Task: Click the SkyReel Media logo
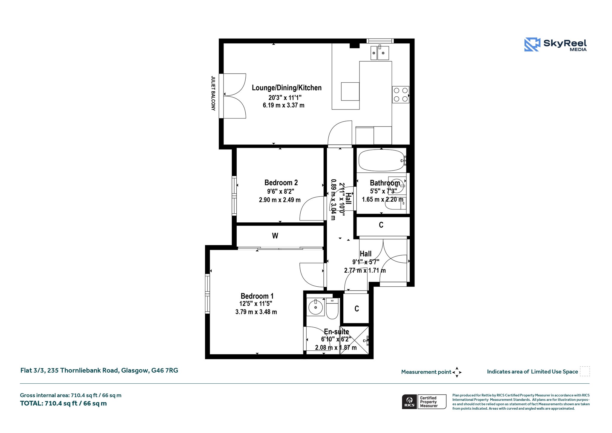[x=555, y=45]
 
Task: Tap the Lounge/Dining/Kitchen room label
[x=287, y=88]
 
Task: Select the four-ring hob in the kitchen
[x=400, y=95]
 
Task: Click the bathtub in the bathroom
[x=381, y=161]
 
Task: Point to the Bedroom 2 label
[x=281, y=183]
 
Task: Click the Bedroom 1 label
[x=257, y=296]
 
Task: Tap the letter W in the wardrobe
[x=275, y=236]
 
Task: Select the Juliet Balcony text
[x=213, y=93]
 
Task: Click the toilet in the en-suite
[x=332, y=308]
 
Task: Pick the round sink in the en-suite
[x=316, y=307]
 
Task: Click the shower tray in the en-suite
[x=354, y=340]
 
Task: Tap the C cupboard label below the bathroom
[x=381, y=225]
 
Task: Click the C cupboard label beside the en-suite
[x=357, y=309]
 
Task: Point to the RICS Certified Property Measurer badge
[x=424, y=402]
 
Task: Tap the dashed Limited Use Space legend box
[x=585, y=371]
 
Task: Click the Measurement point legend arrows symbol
[x=457, y=372]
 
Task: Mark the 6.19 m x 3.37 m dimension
[x=284, y=105]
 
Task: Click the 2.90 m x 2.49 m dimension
[x=280, y=200]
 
